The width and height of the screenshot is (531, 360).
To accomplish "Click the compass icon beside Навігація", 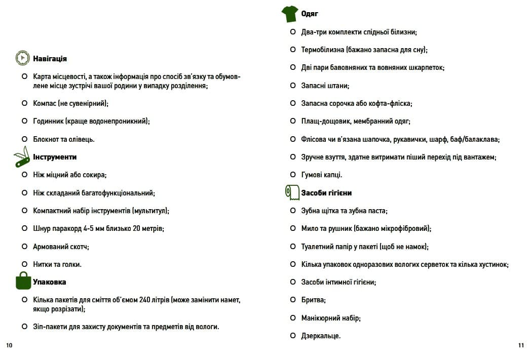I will tap(22, 58).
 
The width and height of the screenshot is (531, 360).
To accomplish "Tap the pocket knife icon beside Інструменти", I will tap(22, 157).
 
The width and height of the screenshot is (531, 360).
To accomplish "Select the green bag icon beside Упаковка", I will tap(23, 281).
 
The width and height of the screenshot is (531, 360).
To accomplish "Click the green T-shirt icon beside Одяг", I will tap(290, 14).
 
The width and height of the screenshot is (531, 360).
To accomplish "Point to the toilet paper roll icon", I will tap(292, 192).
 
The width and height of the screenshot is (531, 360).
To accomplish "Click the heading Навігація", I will tap(50, 59).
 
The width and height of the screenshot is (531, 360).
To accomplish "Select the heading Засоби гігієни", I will tap(326, 193).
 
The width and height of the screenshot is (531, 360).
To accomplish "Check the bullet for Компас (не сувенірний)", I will tap(24, 103).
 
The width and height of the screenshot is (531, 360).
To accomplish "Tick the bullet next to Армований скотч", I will tap(24, 247).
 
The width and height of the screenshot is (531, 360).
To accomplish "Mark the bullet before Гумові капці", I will tap(293, 175).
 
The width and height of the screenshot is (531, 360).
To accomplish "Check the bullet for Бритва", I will tap(293, 300).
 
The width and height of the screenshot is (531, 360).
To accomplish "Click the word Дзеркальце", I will tap(321, 336).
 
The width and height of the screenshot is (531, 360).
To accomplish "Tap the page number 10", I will tap(9, 345).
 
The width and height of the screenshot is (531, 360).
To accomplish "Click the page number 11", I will tap(521, 345).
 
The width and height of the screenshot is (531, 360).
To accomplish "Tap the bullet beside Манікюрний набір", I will tap(293, 318).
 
